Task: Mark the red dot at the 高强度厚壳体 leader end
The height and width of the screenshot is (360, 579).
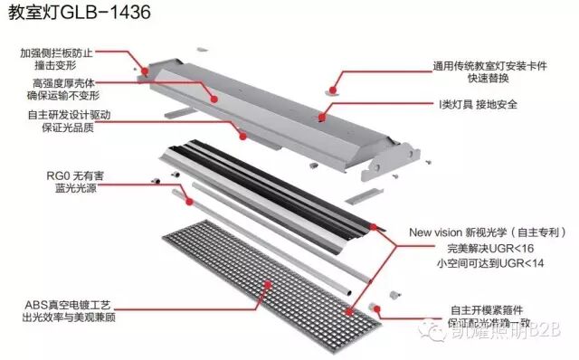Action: click(214, 97)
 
